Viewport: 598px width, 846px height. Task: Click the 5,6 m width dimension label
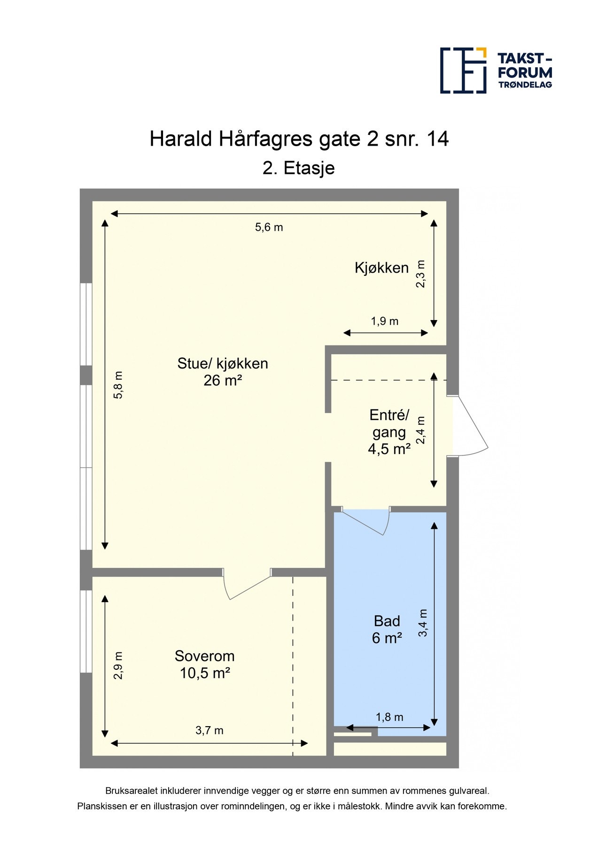click(269, 227)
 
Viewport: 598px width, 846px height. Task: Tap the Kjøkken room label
click(381, 268)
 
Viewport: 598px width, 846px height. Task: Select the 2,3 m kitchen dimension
click(421, 274)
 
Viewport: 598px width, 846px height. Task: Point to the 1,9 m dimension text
click(384, 321)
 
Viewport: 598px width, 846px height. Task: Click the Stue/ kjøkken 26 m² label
click(223, 372)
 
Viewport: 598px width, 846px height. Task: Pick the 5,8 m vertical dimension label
click(118, 385)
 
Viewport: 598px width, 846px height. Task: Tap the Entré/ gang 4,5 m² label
click(389, 432)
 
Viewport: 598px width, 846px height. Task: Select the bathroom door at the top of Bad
click(365, 522)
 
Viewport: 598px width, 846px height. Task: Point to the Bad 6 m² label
click(387, 630)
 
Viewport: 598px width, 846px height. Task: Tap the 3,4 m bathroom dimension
click(423, 623)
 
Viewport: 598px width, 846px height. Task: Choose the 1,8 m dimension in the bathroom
click(389, 717)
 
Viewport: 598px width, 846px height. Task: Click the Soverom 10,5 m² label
click(204, 665)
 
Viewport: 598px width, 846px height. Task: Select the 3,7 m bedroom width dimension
click(209, 730)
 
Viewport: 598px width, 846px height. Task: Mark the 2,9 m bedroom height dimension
click(118, 665)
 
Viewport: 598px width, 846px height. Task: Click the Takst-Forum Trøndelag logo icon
click(463, 70)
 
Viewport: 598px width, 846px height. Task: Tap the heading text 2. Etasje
click(298, 168)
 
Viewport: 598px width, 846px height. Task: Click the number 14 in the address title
click(437, 139)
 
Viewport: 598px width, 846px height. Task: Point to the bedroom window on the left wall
click(86, 631)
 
